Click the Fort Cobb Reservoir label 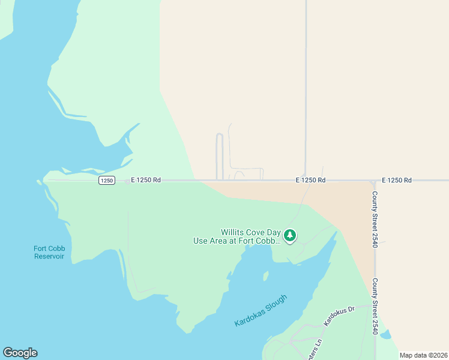coord(49,253)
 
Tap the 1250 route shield coord(107,181)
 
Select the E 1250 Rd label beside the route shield coord(146,180)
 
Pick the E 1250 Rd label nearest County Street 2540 coord(397,180)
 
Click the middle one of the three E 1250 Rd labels coord(310,180)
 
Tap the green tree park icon coord(290,236)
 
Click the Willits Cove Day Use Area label coord(251,236)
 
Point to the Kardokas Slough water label coord(261,310)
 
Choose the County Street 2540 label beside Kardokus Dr coord(375,306)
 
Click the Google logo coord(20,353)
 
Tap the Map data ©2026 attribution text coord(423,355)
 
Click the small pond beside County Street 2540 coord(385,334)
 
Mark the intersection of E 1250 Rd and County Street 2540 coord(374,180)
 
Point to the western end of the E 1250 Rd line coord(46,180)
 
